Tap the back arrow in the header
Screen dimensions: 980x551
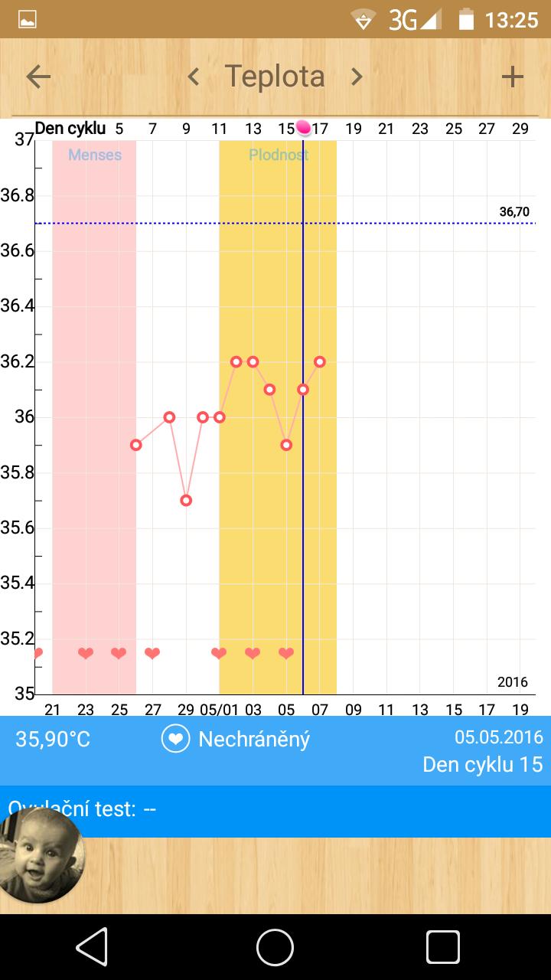[38, 77]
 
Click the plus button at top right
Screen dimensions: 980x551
[512, 77]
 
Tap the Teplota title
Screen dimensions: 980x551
[275, 77]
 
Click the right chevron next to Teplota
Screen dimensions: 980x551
[357, 77]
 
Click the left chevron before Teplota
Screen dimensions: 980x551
[194, 77]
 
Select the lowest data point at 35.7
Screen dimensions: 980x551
[186, 501]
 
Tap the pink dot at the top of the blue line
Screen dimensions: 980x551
[304, 127]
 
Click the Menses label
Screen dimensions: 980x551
[95, 155]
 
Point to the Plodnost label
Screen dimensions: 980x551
[279, 155]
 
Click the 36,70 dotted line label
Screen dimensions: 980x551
[514, 212]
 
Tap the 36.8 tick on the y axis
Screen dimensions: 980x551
[17, 196]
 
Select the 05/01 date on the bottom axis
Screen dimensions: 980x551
[219, 709]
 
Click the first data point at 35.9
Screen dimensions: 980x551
[136, 445]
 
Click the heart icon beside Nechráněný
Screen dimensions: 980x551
[175, 740]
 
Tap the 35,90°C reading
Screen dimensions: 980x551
[53, 740]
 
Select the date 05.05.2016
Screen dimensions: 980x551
[499, 737]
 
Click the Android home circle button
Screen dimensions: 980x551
[275, 948]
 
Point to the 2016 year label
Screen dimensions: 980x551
[512, 682]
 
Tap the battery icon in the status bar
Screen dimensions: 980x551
[465, 19]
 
